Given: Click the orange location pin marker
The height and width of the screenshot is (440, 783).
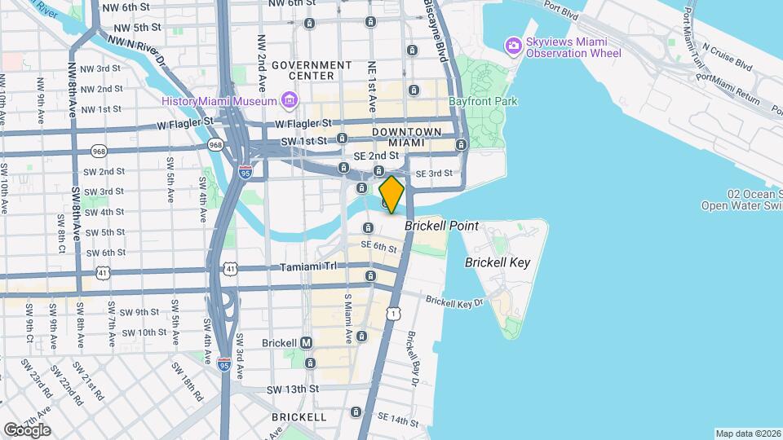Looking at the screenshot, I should coord(391,195).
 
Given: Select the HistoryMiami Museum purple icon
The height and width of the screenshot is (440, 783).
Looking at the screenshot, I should coord(288,101).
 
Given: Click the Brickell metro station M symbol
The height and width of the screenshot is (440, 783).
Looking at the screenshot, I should coord(307,342).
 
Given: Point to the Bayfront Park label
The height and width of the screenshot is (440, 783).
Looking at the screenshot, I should coord(483,102).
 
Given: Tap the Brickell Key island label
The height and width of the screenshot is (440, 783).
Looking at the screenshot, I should coord(497,262).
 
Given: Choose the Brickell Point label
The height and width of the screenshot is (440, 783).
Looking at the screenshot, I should coord(441,226).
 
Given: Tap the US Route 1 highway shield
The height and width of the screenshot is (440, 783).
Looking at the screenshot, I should coord(395,313).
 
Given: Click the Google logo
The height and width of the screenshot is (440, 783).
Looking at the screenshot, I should coord(26,429).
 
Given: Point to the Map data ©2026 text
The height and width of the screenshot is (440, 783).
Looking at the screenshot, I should coord(747,433).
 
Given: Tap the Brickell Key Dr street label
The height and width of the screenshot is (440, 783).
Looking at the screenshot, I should coord(454,301).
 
